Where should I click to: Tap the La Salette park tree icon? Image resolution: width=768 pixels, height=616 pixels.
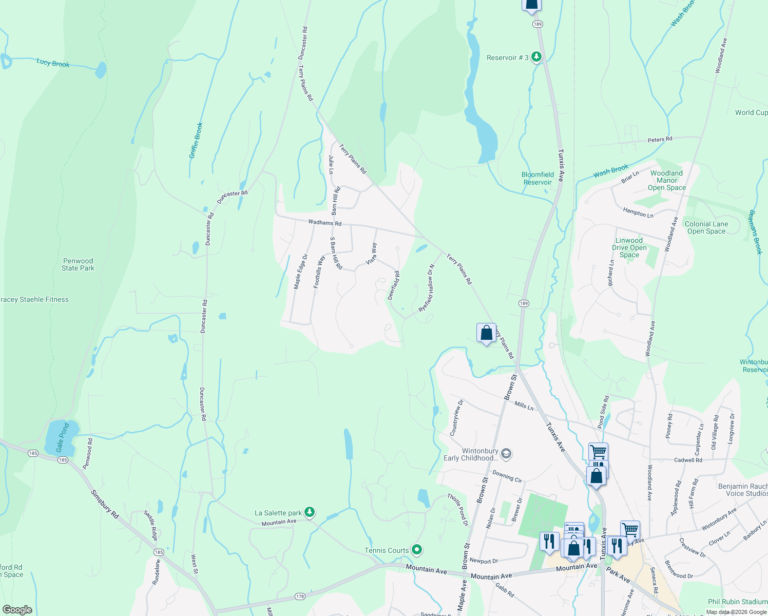pos(309,512)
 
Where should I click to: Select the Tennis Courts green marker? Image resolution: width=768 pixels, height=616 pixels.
pos(417,550)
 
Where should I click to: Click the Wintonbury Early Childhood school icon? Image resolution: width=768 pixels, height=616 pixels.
pos(506,453)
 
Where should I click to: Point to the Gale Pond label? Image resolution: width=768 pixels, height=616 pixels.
pos(63,438)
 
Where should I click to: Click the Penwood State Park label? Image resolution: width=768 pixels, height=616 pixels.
pos(78,264)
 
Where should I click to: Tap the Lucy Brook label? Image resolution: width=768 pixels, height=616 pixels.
pos(53,63)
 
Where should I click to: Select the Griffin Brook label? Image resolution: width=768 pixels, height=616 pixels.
pos(196,140)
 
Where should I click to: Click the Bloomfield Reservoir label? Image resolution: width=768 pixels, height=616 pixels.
pos(537,178)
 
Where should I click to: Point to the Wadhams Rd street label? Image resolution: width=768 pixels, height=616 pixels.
pos(324,223)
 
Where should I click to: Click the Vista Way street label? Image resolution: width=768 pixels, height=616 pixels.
pos(372,254)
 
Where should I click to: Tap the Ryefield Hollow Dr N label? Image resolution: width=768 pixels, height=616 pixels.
pos(427,288)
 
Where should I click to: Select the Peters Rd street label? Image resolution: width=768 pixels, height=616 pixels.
pos(660,140)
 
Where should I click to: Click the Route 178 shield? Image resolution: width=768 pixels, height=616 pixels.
pos(300,596)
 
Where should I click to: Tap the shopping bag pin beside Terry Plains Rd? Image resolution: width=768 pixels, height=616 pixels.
pos(486,333)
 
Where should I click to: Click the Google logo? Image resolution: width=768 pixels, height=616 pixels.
pos(17,610)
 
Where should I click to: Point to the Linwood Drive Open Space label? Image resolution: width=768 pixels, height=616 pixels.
pos(629,247)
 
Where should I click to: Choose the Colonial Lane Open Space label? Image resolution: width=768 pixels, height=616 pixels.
pos(706,227)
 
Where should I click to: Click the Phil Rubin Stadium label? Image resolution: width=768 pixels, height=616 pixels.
pos(737,602)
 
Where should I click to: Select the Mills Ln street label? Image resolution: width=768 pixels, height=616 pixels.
pos(524,406)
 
